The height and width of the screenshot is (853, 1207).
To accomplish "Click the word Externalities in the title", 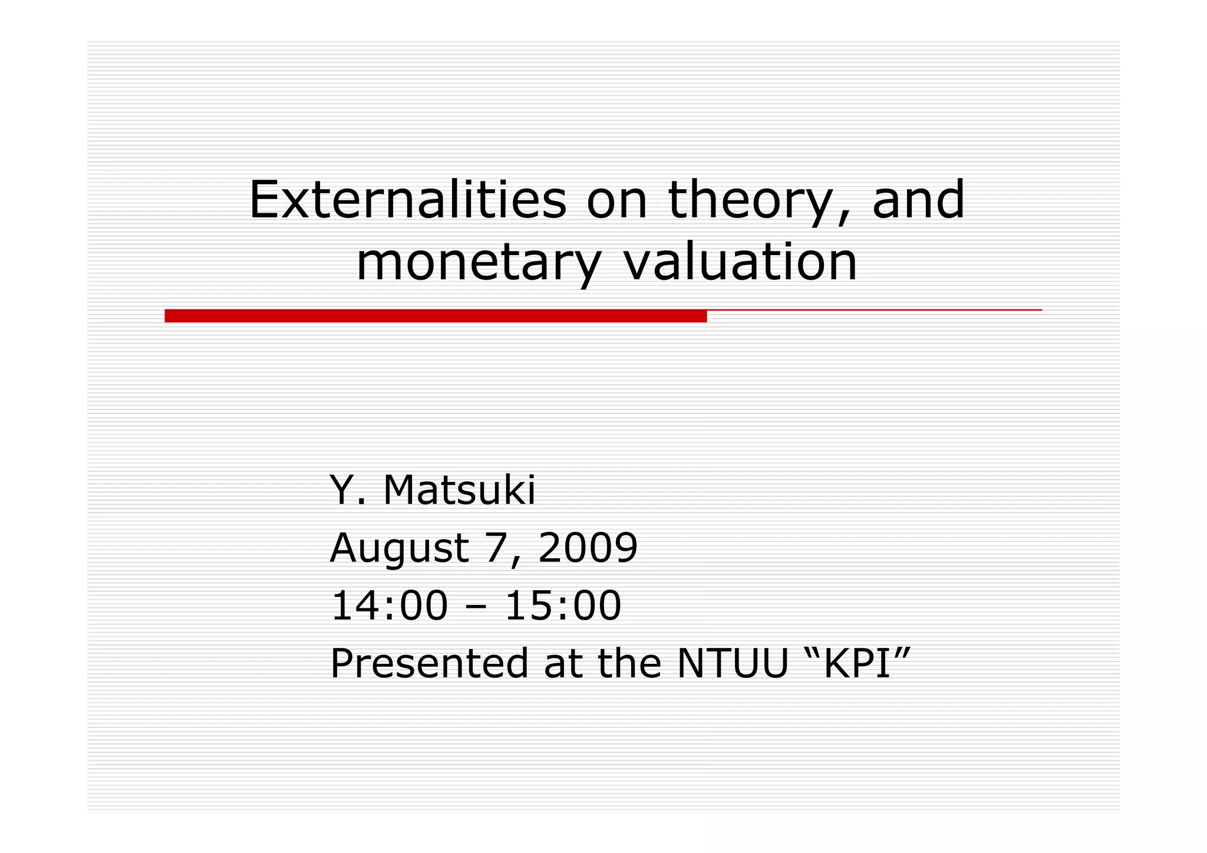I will [407, 200].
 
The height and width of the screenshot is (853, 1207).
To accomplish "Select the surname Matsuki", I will [459, 490].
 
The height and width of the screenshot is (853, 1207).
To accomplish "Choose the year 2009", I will [588, 548].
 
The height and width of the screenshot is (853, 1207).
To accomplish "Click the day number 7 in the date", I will [496, 548].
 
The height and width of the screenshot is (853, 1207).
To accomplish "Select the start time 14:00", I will [389, 606].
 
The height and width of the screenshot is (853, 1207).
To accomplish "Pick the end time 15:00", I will [563, 606].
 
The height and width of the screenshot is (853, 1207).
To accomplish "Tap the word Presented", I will [429, 663].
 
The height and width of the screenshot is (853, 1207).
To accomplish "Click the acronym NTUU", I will [733, 663].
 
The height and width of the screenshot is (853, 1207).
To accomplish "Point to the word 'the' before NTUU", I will [630, 663].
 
